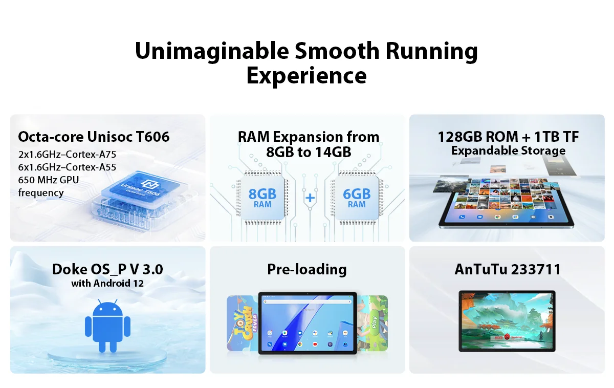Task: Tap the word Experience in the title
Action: click(x=306, y=76)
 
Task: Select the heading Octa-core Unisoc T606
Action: click(x=94, y=137)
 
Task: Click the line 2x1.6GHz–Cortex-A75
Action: click(x=67, y=154)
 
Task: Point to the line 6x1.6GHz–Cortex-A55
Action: click(x=67, y=167)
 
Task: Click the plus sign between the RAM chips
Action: click(x=309, y=198)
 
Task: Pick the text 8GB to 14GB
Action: click(x=309, y=152)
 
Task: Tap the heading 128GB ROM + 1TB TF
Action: click(x=508, y=137)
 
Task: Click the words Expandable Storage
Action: click(x=508, y=150)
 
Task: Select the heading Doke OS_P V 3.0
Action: click(x=107, y=269)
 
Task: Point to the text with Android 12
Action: click(x=107, y=283)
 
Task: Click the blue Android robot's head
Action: click(x=107, y=309)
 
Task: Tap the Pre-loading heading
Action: click(x=307, y=269)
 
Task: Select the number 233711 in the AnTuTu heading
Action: click(x=536, y=269)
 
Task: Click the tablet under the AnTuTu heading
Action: click(x=507, y=320)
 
